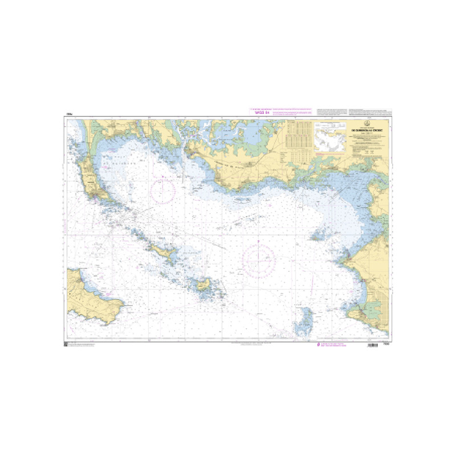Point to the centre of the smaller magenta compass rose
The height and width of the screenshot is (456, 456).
coord(163,190)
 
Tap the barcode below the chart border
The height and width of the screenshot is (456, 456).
coord(372,347)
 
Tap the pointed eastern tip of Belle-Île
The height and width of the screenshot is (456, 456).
coord(123,303)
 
